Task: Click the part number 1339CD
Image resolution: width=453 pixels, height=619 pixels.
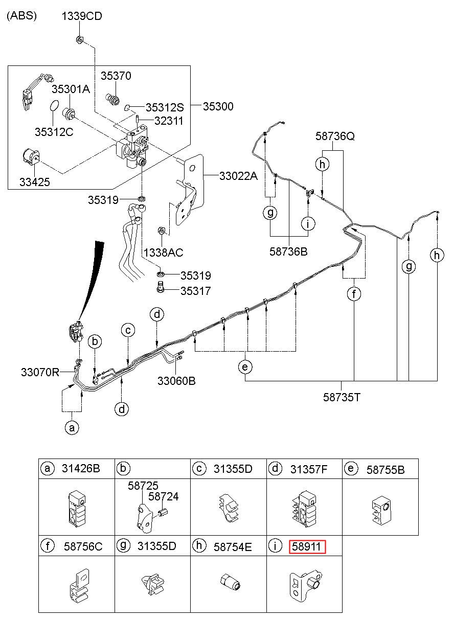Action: (82, 16)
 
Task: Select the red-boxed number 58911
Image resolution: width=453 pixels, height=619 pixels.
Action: (307, 547)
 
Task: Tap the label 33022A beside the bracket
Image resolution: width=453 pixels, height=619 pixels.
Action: (239, 176)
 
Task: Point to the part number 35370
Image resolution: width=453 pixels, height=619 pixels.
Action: (116, 76)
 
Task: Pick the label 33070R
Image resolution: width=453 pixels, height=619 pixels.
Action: (40, 372)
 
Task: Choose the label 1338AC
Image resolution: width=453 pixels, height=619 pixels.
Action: (163, 253)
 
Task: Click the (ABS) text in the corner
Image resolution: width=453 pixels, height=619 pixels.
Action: (21, 16)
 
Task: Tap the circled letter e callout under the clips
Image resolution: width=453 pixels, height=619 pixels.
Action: (245, 367)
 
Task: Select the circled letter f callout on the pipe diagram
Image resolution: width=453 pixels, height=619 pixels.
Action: (354, 294)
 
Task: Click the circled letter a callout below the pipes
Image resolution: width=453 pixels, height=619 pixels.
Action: (72, 427)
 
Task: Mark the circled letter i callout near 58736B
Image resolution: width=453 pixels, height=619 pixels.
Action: (308, 223)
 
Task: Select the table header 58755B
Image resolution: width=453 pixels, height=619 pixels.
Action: (385, 470)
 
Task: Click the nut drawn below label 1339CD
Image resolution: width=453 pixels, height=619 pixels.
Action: (79, 39)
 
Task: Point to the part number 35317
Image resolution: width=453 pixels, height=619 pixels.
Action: (195, 291)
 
